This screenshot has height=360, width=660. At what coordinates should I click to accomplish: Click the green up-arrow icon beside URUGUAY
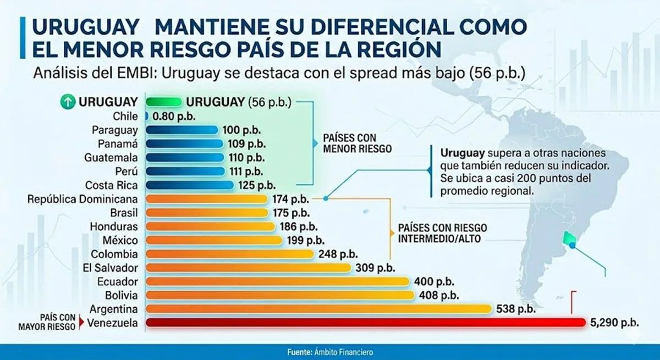point(68,102)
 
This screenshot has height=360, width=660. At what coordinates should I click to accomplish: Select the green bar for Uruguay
point(164,102)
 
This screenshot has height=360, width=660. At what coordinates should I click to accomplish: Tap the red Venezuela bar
point(366,323)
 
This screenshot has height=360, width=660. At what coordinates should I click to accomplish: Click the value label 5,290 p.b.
point(615,323)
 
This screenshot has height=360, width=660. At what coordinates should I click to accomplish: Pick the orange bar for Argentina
point(319,309)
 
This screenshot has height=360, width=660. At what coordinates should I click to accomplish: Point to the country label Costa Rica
point(111,185)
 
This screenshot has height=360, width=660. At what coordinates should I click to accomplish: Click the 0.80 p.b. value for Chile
point(174,117)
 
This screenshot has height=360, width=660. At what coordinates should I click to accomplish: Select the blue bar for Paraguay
point(182,130)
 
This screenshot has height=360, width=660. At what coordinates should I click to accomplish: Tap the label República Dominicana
point(82,200)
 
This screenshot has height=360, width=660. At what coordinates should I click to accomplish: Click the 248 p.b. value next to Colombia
point(338,254)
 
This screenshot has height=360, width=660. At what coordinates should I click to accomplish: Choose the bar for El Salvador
point(249,268)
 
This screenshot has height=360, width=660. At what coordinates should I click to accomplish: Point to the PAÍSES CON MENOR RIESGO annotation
point(358,143)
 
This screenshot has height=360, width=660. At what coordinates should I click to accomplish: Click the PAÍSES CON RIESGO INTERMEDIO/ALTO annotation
point(443,233)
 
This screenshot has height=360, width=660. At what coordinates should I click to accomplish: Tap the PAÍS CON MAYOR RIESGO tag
point(47,322)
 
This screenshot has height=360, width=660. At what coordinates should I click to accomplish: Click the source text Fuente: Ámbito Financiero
point(330,352)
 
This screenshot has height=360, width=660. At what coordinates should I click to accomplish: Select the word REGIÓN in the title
point(395,49)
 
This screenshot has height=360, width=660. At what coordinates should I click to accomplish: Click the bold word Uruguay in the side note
point(463,153)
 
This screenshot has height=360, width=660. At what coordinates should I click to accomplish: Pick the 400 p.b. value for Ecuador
point(434,282)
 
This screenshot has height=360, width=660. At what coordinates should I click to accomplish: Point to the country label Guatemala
point(111,158)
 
